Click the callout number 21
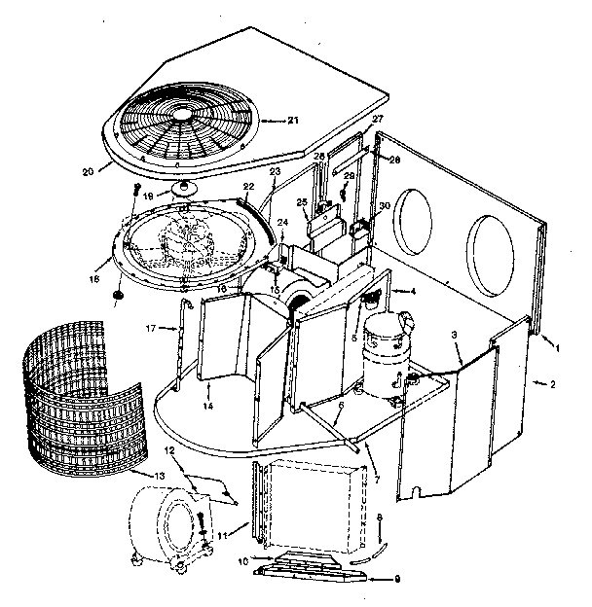click(x=293, y=120)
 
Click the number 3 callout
click(x=454, y=335)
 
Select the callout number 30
click(x=385, y=205)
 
